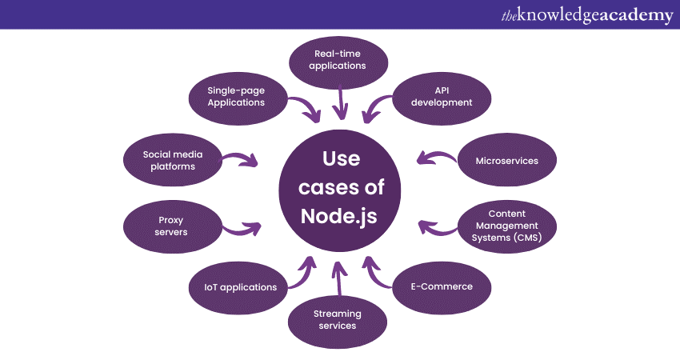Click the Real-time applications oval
click(x=338, y=60)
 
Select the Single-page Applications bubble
click(x=236, y=97)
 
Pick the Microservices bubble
click(x=506, y=161)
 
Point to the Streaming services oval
click(x=338, y=319)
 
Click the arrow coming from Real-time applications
click(x=342, y=103)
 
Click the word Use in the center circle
click(x=341, y=158)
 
